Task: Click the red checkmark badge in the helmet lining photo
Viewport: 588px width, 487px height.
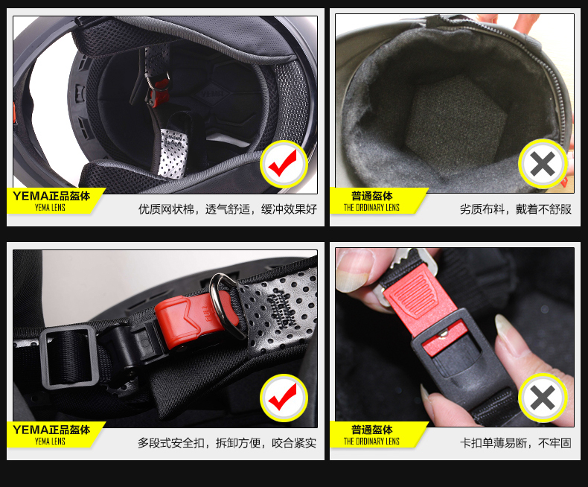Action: click(x=284, y=164)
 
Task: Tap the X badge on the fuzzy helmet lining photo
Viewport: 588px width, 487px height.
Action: click(x=543, y=164)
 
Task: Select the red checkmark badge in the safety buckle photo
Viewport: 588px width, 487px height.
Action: click(x=284, y=398)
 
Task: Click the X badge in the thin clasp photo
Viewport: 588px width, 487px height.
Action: click(x=543, y=398)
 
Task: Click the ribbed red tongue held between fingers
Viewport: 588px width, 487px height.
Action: click(x=418, y=300)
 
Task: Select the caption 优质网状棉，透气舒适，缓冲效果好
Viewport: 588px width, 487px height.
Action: click(x=228, y=209)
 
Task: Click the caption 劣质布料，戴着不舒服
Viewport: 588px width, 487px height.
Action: click(x=516, y=209)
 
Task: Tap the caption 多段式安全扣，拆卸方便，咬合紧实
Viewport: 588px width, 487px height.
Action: click(x=227, y=443)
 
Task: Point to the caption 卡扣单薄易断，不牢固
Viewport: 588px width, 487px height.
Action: click(x=516, y=443)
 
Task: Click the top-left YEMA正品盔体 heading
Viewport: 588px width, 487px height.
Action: click(x=51, y=196)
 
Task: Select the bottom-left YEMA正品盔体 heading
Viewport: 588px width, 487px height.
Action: click(x=51, y=430)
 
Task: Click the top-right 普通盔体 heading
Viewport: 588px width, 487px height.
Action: click(x=371, y=196)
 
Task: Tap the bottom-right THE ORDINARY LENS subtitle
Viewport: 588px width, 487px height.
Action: click(x=371, y=442)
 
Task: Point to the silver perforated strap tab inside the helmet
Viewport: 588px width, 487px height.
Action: click(x=173, y=153)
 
